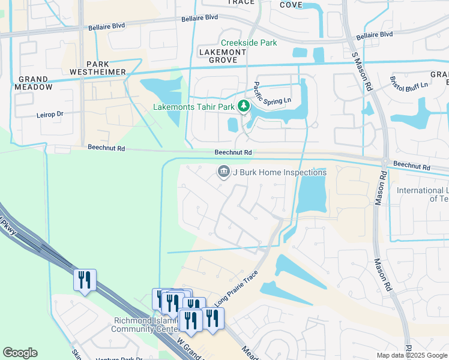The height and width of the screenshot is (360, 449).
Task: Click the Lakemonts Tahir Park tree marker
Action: [x=244, y=107]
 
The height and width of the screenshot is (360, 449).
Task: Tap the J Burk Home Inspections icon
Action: [x=223, y=172]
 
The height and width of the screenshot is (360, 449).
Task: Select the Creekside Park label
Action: [x=249, y=43]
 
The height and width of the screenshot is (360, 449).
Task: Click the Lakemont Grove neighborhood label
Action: [x=222, y=56]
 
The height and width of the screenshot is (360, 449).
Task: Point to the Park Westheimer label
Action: [x=106, y=68]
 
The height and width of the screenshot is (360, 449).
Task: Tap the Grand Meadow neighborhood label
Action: [x=33, y=83]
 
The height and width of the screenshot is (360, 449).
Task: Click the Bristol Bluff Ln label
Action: [x=409, y=84]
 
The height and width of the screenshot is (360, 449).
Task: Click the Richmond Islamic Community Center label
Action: [x=146, y=325]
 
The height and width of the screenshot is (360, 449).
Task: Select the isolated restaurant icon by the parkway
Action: [x=85, y=280]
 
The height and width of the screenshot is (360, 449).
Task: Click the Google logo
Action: [x=20, y=353]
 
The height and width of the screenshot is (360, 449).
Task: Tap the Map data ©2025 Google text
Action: [x=412, y=355]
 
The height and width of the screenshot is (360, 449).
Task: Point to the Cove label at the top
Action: [x=291, y=5]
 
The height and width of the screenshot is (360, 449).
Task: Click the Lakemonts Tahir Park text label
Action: [x=194, y=107]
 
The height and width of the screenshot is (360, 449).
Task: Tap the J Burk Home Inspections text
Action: [x=279, y=172]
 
